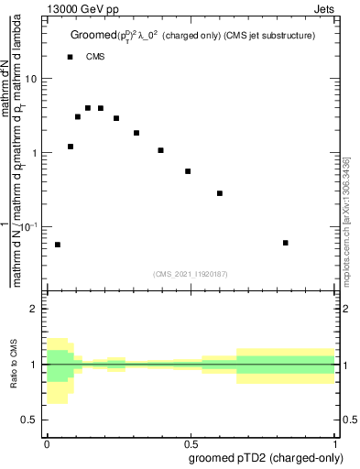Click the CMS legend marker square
coord(71,57)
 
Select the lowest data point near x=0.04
coord(58,245)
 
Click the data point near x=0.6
coord(220,193)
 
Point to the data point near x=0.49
coord(188,171)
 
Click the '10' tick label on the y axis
coord(32,79)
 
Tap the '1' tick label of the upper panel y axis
coord(36,153)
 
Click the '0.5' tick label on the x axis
coord(191,442)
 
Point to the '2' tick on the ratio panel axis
coord(36,310)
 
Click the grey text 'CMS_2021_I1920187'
coord(191,273)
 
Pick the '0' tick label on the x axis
coord(46,442)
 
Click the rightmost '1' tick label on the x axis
coord(334,442)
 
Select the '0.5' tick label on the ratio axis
coord(31,420)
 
